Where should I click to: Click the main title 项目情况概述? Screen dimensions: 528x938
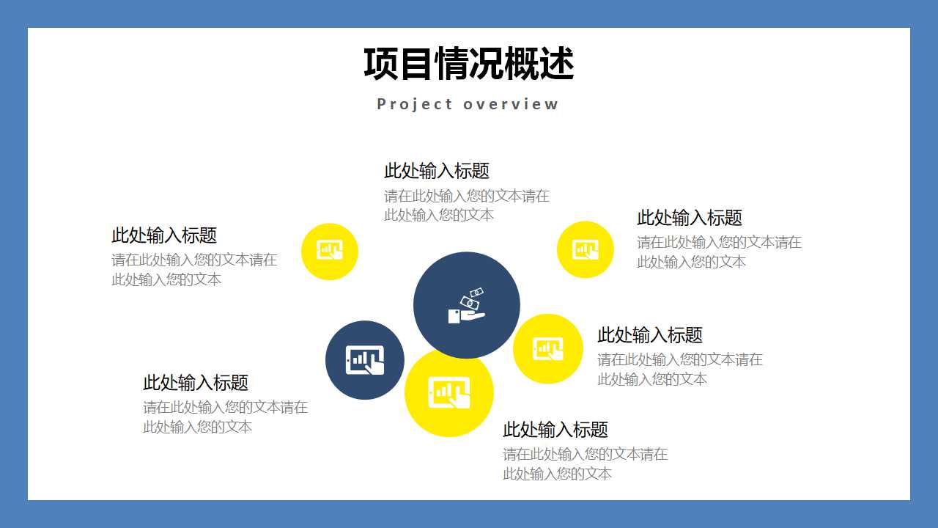468,64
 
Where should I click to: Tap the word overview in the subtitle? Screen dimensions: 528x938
512,104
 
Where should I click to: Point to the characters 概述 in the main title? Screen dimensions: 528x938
539,64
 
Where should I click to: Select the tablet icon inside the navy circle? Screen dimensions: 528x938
365,360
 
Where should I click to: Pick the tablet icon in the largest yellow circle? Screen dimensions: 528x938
448,392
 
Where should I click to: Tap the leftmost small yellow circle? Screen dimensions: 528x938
330,251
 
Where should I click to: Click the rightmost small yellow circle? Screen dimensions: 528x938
585,249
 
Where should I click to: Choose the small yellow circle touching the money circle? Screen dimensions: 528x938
547,348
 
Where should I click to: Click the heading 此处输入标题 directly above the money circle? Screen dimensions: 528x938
437,171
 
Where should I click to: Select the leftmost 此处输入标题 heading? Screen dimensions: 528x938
164,235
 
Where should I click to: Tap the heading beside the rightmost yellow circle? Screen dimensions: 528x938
690,218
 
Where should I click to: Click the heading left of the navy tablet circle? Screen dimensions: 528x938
196,383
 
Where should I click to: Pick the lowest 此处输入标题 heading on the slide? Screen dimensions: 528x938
555,430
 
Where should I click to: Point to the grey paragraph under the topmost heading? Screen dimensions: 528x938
467,205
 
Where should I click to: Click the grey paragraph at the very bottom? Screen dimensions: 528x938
585,464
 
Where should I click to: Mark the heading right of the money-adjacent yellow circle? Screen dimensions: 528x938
650,335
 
